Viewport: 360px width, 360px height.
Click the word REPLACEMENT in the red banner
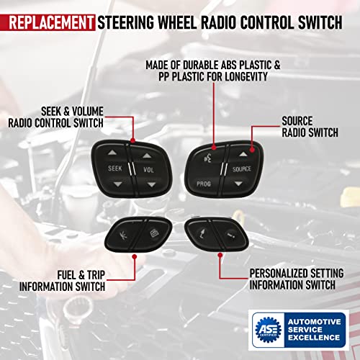(x=48, y=20)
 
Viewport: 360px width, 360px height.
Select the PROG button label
(x=203, y=184)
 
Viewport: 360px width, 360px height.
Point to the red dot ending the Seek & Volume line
(x=134, y=141)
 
